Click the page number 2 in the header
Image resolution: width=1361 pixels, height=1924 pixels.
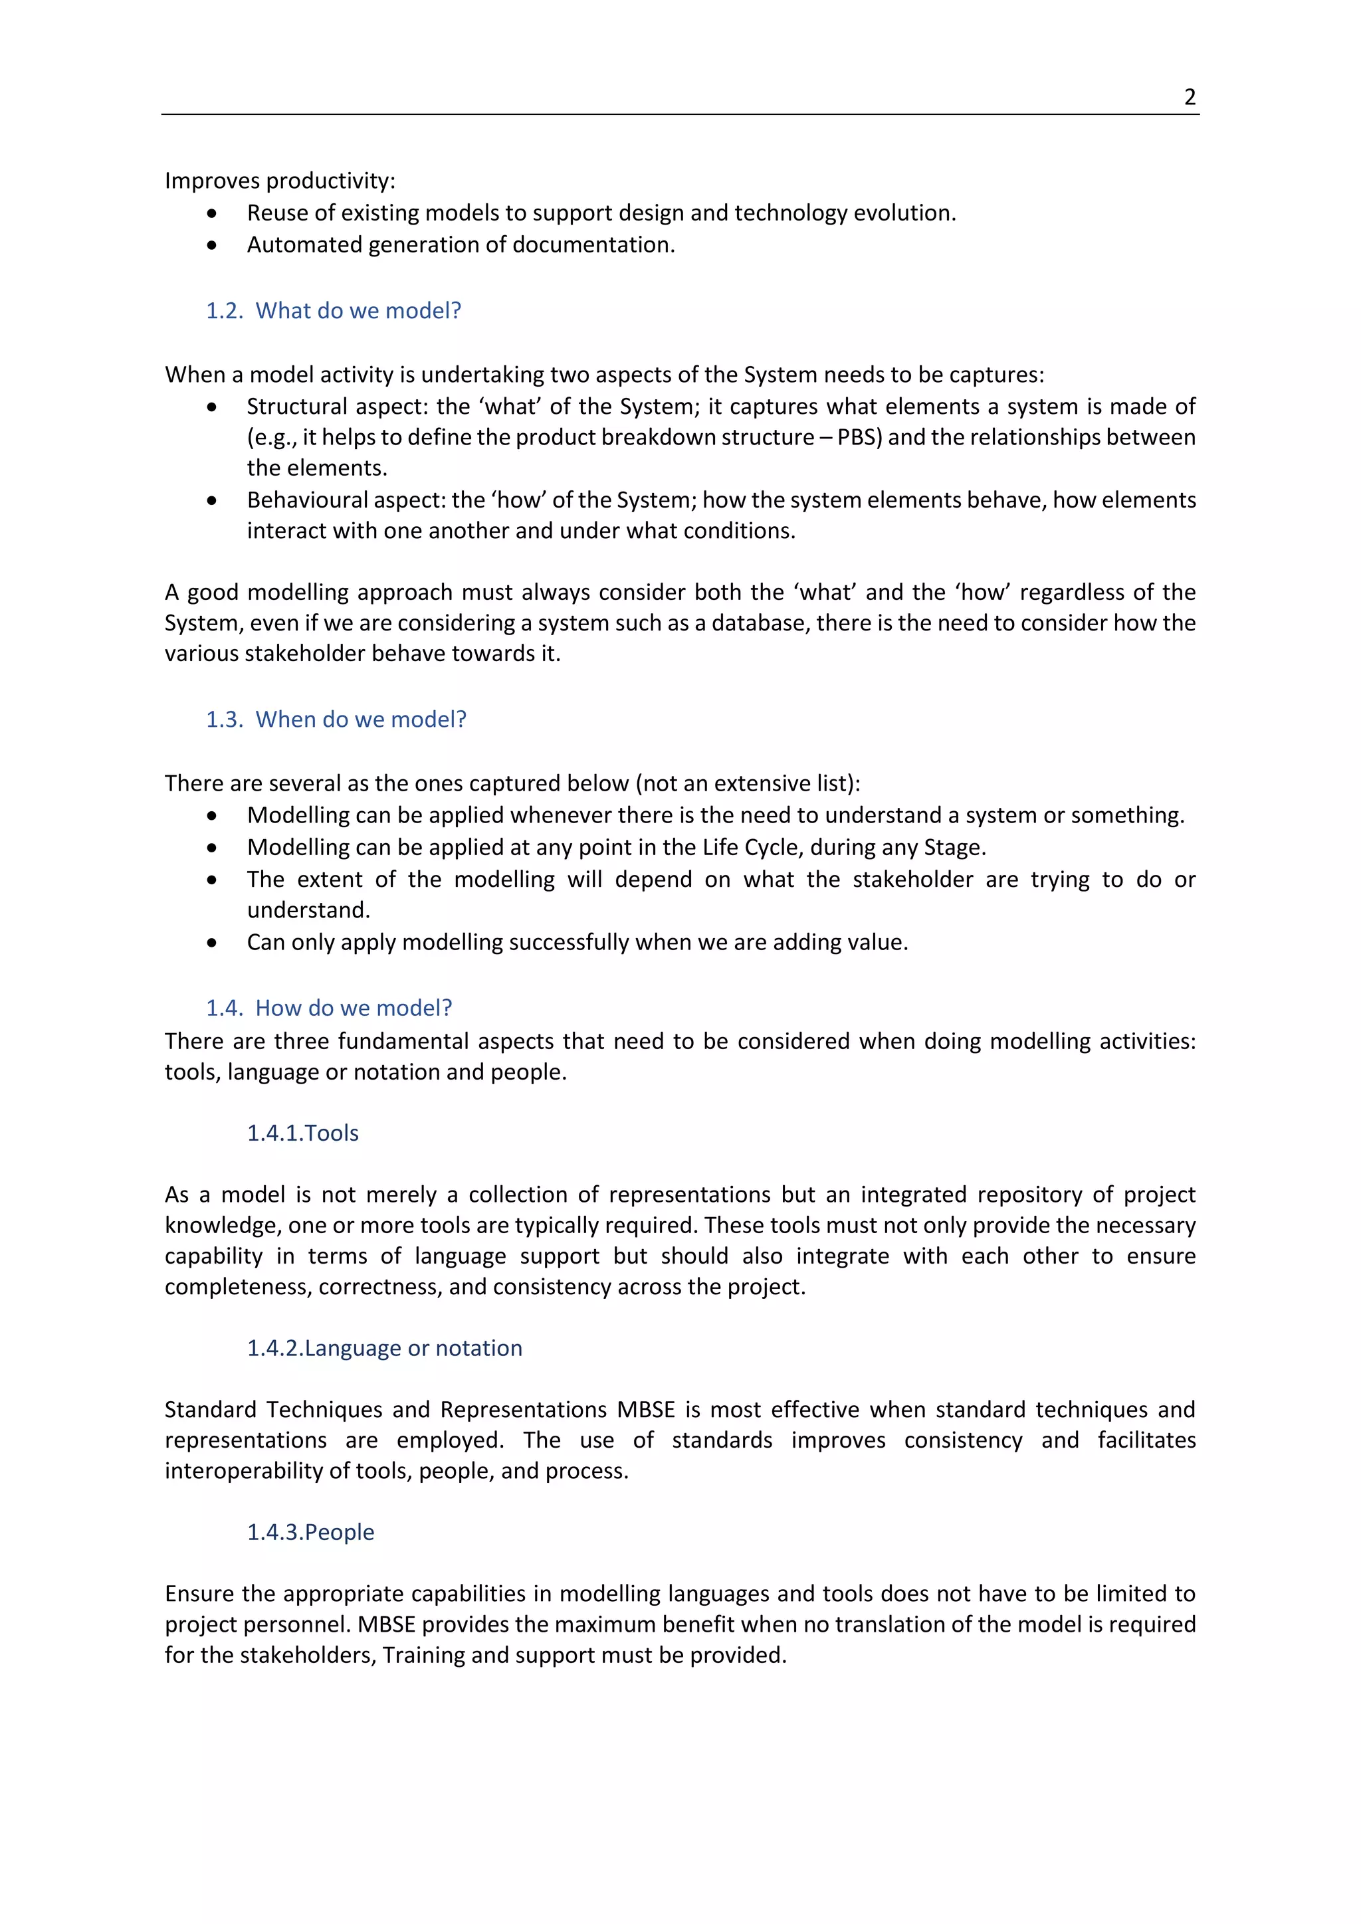[x=1189, y=97]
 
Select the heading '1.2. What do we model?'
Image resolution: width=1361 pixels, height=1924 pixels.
[x=334, y=311]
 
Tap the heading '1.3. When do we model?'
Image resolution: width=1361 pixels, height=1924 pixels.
[x=336, y=720]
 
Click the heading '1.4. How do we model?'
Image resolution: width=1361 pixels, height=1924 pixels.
[x=330, y=1008]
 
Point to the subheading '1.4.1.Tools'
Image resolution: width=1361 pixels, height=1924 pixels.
[x=302, y=1133]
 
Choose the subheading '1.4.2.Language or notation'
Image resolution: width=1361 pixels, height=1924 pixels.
[x=384, y=1348]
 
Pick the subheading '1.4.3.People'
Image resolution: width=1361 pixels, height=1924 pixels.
[x=310, y=1532]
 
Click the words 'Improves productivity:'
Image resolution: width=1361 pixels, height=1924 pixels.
[x=280, y=181]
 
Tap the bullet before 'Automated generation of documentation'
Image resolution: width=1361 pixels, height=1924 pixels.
[x=212, y=246]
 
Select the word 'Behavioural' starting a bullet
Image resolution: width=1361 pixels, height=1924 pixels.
[x=306, y=500]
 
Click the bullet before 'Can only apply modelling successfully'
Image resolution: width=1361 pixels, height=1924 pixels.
[x=212, y=943]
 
